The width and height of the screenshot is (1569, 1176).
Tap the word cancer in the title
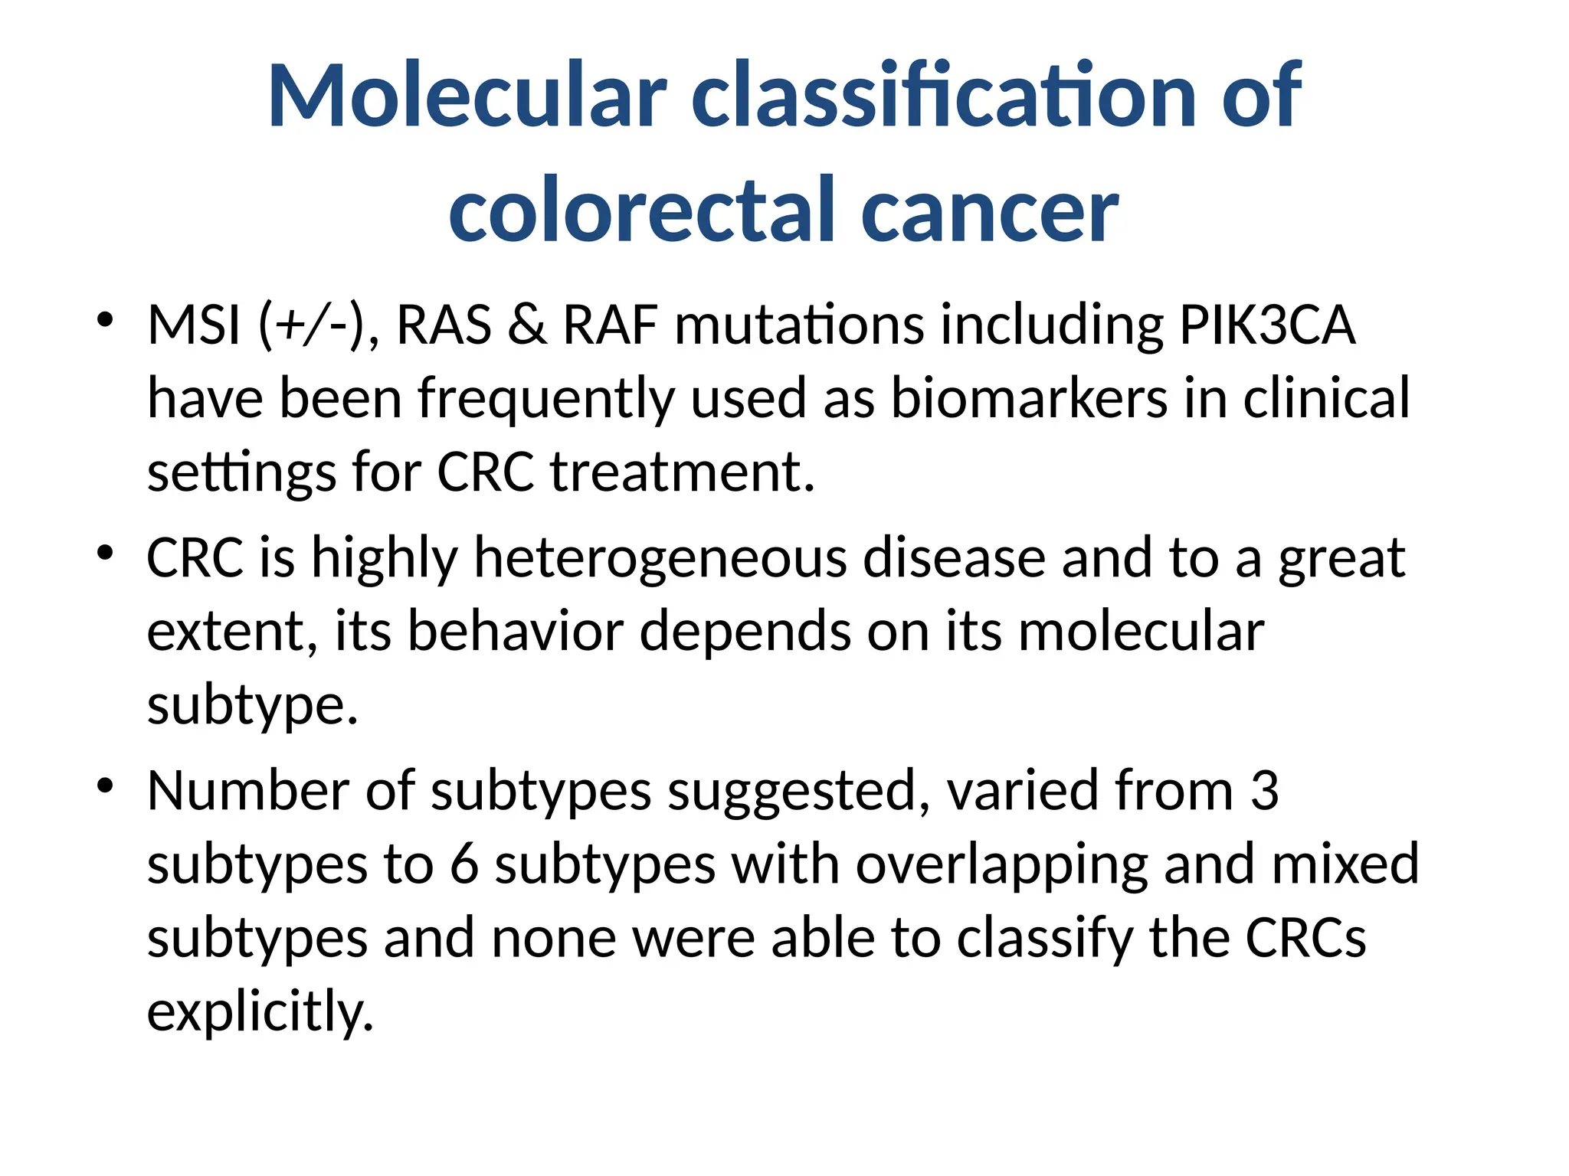pyautogui.click(x=990, y=210)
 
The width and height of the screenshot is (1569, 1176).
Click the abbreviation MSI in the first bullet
pyautogui.click(x=194, y=325)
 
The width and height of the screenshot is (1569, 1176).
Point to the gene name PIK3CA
pyautogui.click(x=1267, y=325)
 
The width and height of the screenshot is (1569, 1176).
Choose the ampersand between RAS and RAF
pyautogui.click(x=527, y=325)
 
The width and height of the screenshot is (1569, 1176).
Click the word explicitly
pyautogui.click(x=259, y=1012)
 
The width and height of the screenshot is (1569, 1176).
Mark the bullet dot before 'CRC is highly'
pyautogui.click(x=106, y=552)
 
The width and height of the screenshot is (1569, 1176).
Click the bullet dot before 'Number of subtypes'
pyautogui.click(x=106, y=785)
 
